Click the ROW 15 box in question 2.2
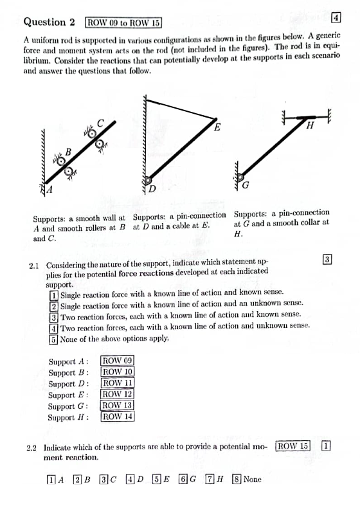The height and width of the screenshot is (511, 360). click(x=293, y=445)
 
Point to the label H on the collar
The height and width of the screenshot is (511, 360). click(x=310, y=126)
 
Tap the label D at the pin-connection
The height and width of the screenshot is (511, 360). click(x=152, y=190)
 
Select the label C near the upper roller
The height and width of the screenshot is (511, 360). click(x=100, y=123)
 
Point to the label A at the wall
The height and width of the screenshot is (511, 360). click(x=50, y=190)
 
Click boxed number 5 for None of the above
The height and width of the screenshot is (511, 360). click(x=53, y=338)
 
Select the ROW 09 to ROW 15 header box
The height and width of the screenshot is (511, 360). click(x=123, y=23)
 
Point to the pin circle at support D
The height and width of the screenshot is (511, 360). click(x=148, y=181)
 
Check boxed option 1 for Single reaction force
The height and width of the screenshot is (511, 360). click(x=53, y=292)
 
